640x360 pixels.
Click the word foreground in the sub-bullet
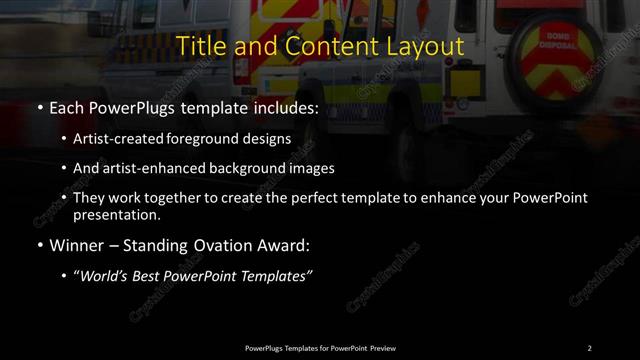click(217, 139)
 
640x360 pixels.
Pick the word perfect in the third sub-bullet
click(327, 198)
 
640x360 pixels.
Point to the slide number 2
click(589, 347)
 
